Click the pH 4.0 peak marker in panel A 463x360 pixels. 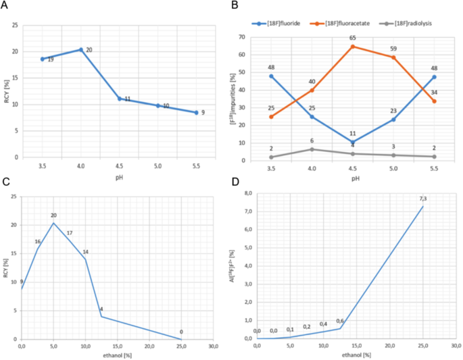point(81,49)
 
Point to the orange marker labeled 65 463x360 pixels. point(352,47)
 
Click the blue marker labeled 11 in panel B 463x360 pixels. point(352,142)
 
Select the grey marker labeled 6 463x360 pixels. point(312,149)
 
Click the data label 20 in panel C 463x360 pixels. point(54,215)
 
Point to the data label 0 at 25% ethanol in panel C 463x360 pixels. point(181,332)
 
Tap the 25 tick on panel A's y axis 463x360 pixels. point(14,25)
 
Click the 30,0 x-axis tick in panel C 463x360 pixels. point(213,346)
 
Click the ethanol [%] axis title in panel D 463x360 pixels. point(356,354)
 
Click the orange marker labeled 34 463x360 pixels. point(434,101)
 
